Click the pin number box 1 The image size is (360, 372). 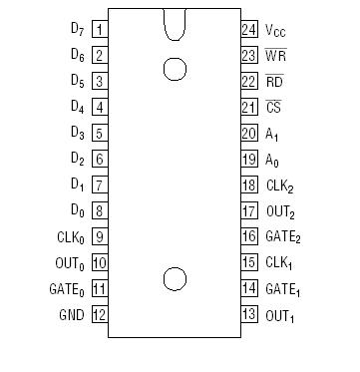[x=100, y=30]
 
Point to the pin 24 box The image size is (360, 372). [x=249, y=30]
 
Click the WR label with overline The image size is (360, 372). [x=275, y=56]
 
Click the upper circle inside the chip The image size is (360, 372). [x=175, y=68]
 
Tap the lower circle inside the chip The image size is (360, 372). [x=175, y=279]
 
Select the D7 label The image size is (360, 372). [x=77, y=30]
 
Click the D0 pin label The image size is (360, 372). [x=77, y=211]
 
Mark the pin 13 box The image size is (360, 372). [x=249, y=315]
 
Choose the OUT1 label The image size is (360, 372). [x=279, y=316]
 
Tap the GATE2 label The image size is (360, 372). [x=282, y=238]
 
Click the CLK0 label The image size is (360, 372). [x=73, y=237]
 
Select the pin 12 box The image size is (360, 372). [x=100, y=315]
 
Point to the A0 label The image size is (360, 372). [x=273, y=160]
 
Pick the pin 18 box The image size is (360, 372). [x=249, y=186]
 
